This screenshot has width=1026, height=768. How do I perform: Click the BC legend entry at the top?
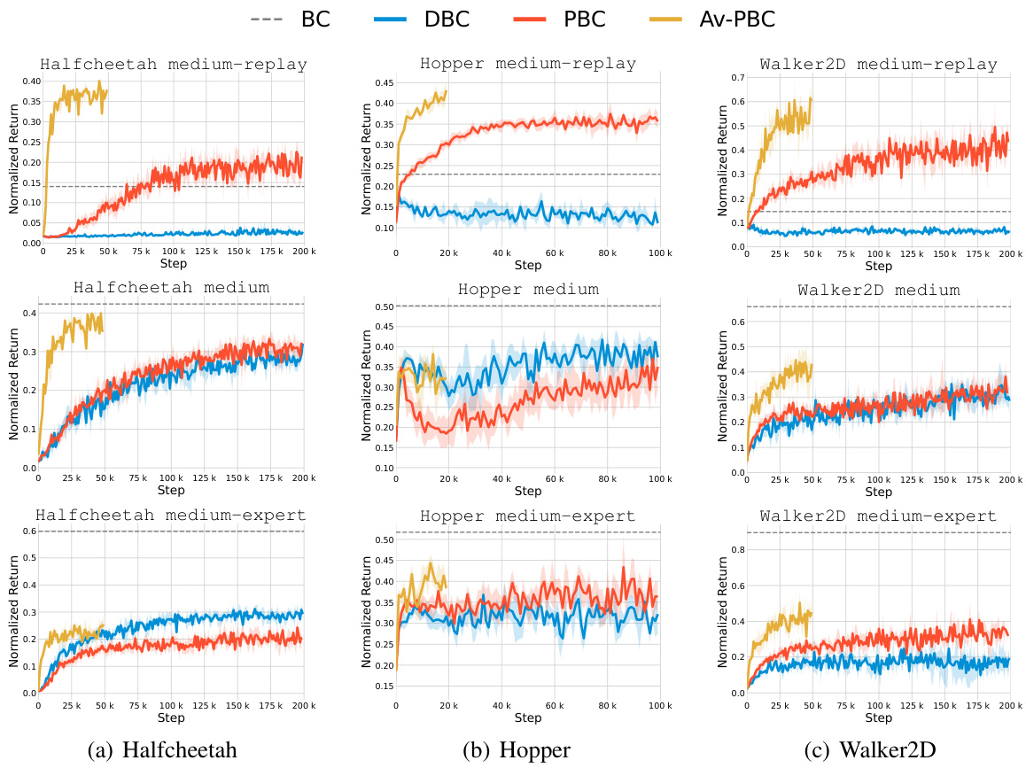[296, 19]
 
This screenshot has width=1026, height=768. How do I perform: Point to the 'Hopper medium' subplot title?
[528, 290]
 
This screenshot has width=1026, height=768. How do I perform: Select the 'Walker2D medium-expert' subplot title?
[879, 516]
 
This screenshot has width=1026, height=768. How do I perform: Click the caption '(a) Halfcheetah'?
[162, 750]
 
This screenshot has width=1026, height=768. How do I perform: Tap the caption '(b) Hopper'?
[517, 750]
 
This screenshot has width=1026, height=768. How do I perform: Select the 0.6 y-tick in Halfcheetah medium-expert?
[29, 531]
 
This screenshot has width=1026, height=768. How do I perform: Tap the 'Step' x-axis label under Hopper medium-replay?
[528, 266]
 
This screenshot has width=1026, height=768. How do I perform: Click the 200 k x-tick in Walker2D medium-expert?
[1009, 705]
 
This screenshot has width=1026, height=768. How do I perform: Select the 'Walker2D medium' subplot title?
[879, 290]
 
